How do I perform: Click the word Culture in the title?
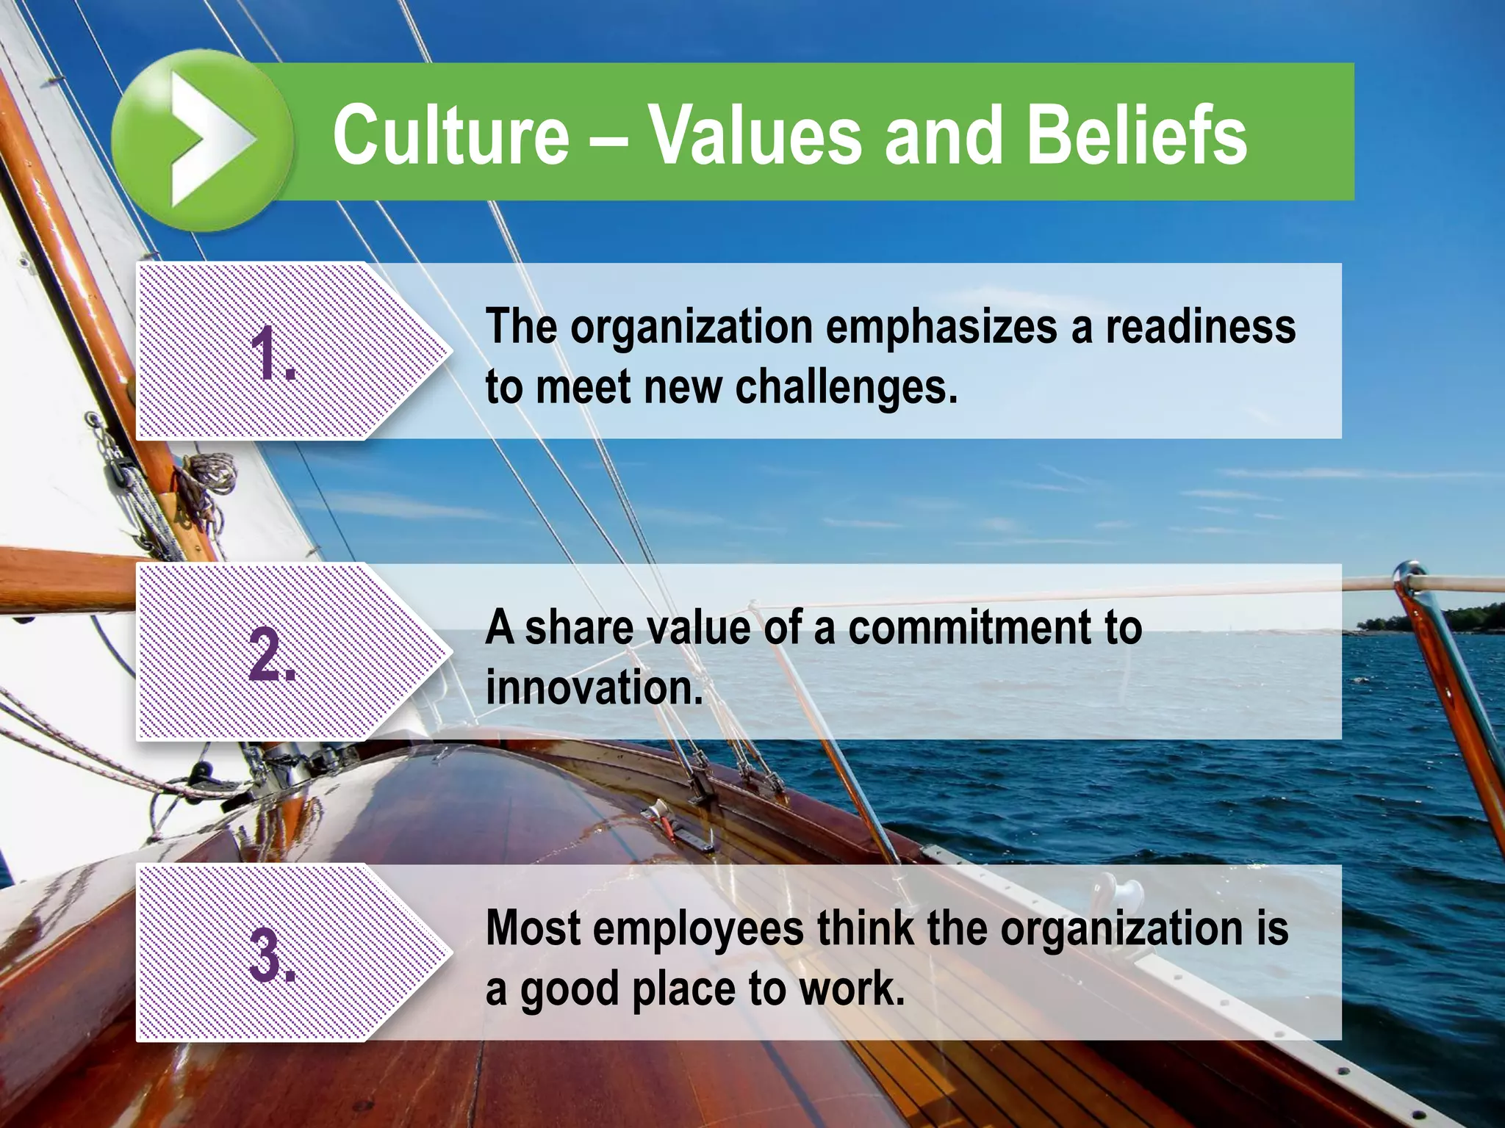tap(450, 134)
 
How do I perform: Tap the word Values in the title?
tap(755, 134)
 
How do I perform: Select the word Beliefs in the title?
tap(1136, 134)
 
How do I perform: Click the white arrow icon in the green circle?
tap(209, 140)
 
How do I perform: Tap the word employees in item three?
tap(699, 929)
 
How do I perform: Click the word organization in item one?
tap(692, 327)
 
